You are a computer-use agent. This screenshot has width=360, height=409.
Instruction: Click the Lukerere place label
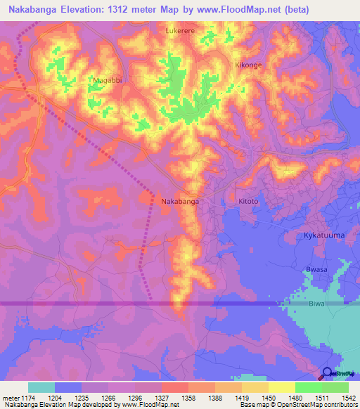[x=180, y=32]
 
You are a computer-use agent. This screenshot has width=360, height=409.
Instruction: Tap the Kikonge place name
[x=247, y=65]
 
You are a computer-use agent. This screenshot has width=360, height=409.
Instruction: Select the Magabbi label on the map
[x=107, y=81]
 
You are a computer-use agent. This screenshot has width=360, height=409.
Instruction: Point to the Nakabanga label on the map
[x=180, y=202]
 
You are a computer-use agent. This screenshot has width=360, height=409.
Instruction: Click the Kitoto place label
[x=249, y=202]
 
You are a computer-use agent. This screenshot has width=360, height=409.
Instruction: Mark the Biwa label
[x=317, y=304]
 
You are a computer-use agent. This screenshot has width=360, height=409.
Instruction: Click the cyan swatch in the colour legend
[x=41, y=387]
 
